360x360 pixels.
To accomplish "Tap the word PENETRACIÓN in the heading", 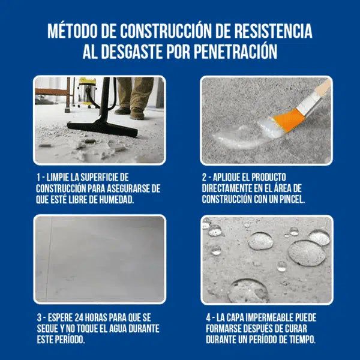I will pos(236,52).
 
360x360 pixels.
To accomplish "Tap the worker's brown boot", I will pos(137,112).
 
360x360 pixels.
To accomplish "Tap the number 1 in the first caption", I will pos(39,178).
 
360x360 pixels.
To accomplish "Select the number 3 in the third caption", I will pos(39,317).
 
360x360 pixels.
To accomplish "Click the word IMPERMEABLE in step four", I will pos(268,317).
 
